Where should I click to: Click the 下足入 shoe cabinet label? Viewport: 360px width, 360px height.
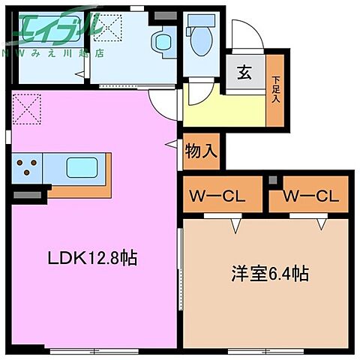277,89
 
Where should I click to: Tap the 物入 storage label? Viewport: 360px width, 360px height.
201,150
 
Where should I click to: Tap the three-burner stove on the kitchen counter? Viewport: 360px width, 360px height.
27,166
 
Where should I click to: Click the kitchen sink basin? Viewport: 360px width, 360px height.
77,166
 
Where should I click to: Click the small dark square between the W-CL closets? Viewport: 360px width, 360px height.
272,181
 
